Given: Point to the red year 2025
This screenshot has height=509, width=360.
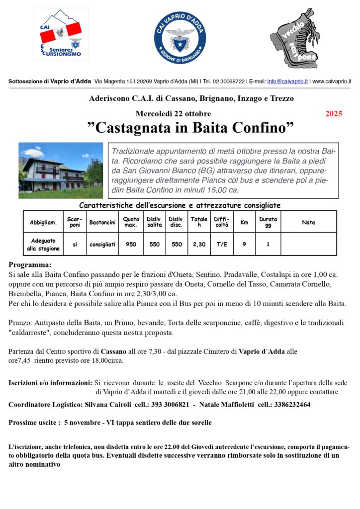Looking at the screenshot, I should [334, 114].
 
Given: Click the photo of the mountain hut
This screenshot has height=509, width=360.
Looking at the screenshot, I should [60, 170].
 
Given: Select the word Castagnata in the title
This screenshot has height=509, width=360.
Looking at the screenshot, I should [132, 128].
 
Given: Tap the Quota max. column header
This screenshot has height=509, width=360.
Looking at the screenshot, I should [131, 222].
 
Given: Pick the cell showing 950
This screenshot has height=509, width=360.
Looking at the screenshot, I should [131, 244].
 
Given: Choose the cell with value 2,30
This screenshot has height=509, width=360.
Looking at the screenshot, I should [199, 244].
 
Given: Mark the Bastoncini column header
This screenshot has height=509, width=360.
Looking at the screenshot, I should [102, 222].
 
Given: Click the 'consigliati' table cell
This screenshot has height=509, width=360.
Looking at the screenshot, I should [102, 244].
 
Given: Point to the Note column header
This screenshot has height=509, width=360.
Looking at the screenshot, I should [308, 222].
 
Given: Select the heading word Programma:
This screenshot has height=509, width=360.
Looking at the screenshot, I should [30, 265].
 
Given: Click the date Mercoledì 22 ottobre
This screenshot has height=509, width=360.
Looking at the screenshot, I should [173, 113].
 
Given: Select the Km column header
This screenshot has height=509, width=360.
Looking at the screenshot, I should [244, 222].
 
